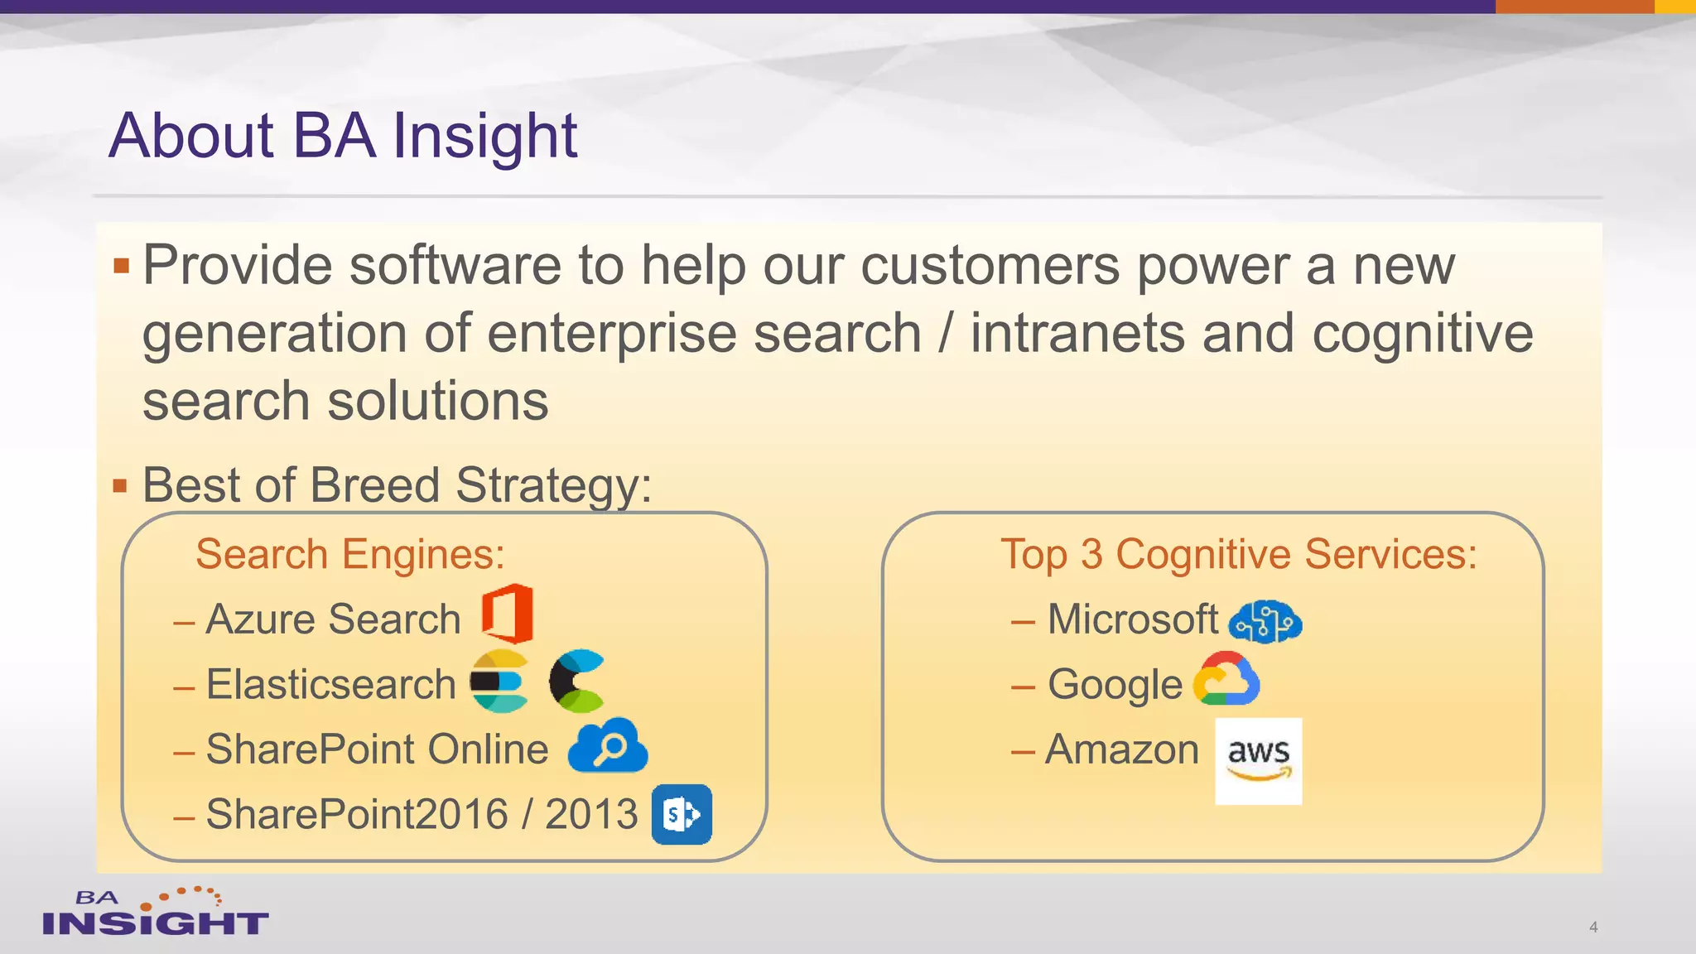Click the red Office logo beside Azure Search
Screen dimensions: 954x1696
(x=508, y=614)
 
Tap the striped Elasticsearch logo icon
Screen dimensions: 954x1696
(x=499, y=682)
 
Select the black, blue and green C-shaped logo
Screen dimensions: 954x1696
(x=576, y=682)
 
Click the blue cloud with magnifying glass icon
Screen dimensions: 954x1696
(x=608, y=747)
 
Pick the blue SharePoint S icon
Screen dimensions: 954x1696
(x=682, y=814)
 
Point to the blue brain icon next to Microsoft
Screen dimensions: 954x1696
(x=1265, y=621)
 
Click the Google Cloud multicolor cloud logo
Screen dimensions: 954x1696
(x=1226, y=680)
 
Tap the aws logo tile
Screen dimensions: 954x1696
(x=1258, y=761)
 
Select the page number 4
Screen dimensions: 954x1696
(x=1592, y=927)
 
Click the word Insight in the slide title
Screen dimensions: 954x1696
(x=484, y=136)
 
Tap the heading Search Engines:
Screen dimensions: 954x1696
(x=349, y=554)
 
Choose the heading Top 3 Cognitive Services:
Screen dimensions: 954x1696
(x=1238, y=554)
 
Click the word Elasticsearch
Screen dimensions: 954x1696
(x=331, y=685)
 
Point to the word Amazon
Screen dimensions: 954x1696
(x=1122, y=749)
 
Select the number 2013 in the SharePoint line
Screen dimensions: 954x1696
(x=591, y=814)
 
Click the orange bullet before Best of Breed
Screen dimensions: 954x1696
(x=121, y=486)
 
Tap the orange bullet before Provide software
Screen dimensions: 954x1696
(x=122, y=266)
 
